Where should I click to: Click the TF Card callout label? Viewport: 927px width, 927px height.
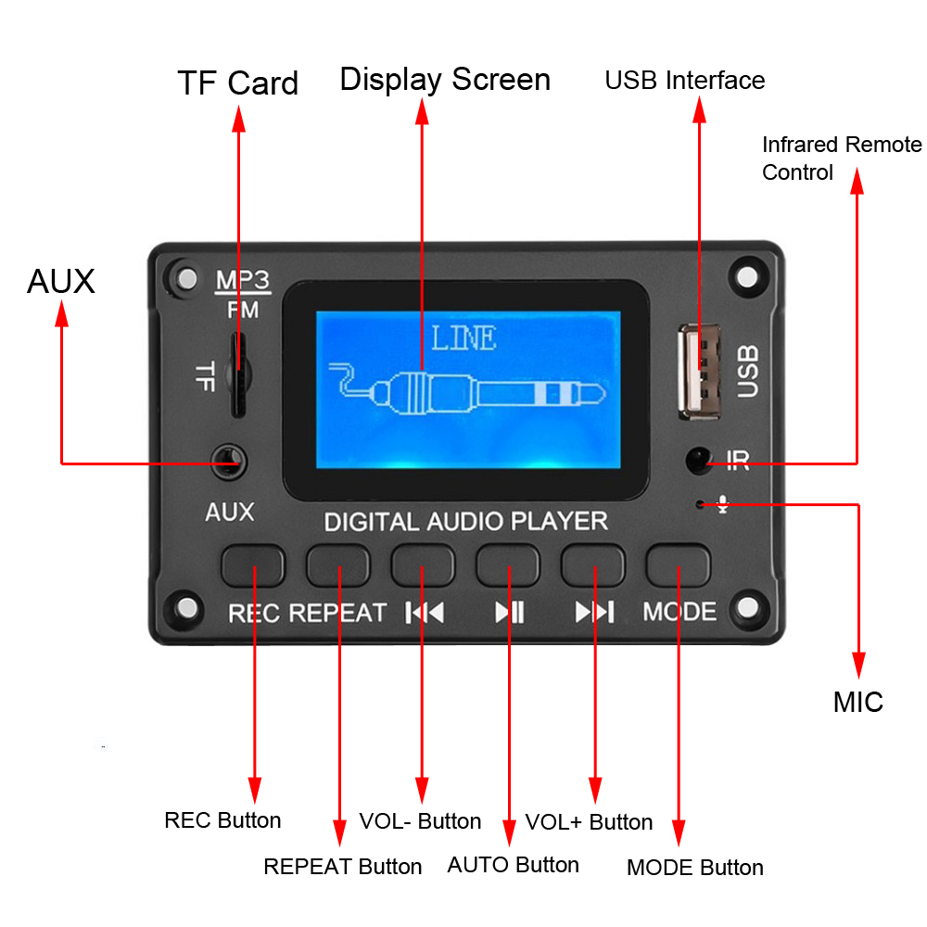point(238,83)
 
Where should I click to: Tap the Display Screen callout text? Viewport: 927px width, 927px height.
point(445,79)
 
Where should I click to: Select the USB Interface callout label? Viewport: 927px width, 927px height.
point(685,81)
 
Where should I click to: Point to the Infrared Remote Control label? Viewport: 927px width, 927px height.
point(842,159)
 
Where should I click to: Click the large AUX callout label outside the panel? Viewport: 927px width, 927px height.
point(61,281)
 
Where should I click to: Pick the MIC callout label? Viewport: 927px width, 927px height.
point(858,702)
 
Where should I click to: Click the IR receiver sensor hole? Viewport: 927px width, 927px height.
point(698,459)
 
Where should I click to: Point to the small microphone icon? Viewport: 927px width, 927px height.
point(723,504)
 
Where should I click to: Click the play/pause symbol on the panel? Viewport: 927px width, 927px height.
point(509,612)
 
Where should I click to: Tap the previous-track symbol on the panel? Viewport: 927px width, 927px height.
point(425,612)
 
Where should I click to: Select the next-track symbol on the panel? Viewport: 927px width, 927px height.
point(594,612)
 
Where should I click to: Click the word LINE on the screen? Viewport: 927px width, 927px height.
point(463,338)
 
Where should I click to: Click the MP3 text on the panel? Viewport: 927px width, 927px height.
point(242,280)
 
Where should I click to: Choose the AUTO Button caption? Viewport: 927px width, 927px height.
point(513,865)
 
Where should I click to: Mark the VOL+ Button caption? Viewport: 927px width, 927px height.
point(589,822)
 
